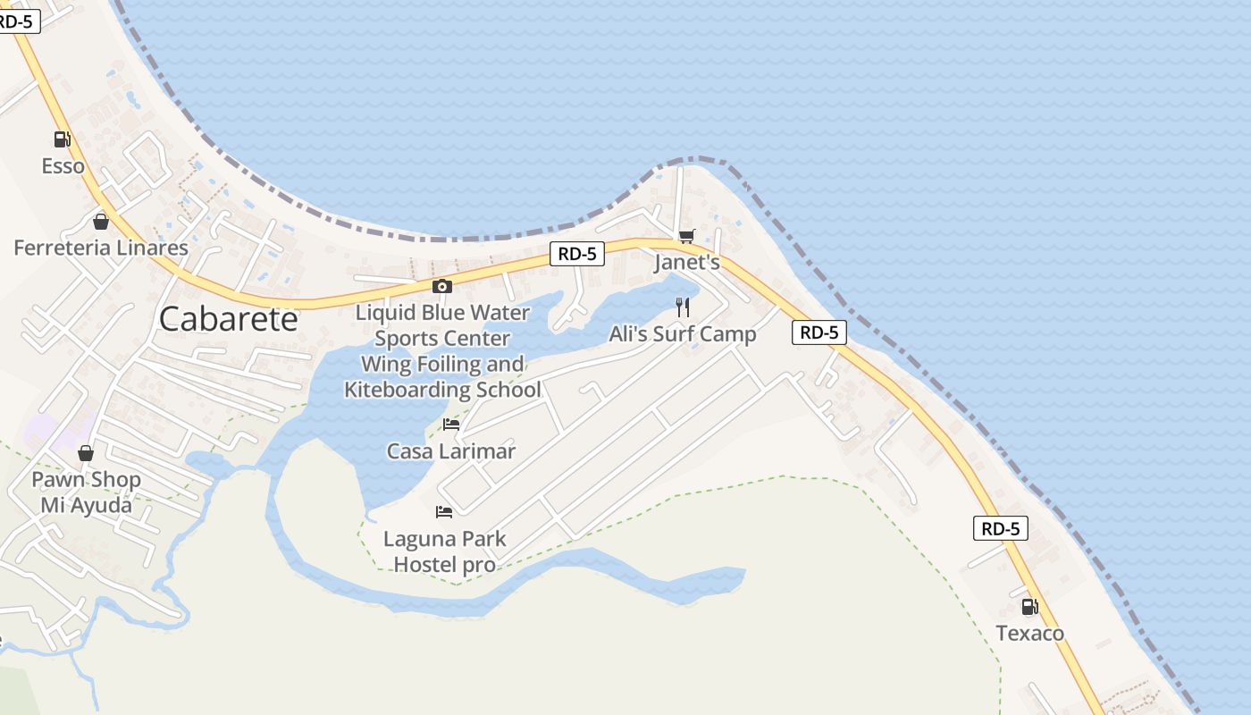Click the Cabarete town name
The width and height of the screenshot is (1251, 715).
coord(228,319)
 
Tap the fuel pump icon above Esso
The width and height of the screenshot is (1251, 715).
coord(62,139)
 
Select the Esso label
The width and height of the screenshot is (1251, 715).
coord(63,166)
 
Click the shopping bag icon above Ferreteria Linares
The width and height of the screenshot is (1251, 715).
coord(101,222)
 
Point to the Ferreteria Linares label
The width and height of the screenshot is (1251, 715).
coord(101,248)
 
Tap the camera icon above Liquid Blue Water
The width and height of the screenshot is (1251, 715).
coord(441,286)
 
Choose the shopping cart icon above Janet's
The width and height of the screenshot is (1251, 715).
coord(686,236)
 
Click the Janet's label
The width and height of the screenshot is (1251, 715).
coord(686,263)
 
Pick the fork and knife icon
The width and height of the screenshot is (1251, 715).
coord(683,307)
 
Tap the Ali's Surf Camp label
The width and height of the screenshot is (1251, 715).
coord(683,334)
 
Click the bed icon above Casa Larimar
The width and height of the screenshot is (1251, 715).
coord(451,425)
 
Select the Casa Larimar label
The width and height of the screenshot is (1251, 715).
coord(451,451)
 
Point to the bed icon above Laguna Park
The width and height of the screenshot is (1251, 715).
coord(444,512)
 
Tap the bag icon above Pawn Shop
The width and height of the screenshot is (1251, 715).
coord(86,453)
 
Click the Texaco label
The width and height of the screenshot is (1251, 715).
coord(1030,634)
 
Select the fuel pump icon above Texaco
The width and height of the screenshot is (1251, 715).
coord(1029,607)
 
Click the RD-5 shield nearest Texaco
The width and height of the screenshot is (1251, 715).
coord(1001,528)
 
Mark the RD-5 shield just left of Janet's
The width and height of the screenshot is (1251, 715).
coord(577,254)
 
